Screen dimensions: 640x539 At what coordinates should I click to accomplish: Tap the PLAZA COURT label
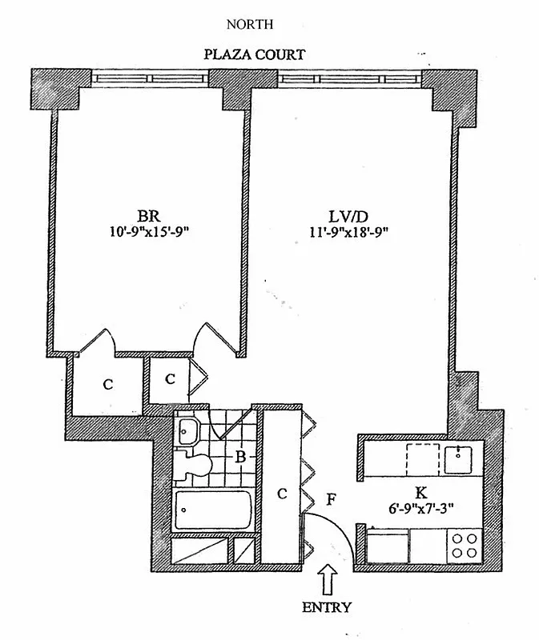click(x=255, y=55)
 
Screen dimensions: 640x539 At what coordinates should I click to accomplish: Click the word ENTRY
click(x=326, y=607)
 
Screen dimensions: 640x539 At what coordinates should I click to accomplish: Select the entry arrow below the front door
click(x=327, y=578)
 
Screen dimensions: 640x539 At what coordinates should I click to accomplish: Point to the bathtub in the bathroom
click(x=213, y=509)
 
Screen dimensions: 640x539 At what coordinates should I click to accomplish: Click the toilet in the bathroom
click(x=195, y=462)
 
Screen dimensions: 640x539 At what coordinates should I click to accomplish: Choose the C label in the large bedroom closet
click(x=107, y=384)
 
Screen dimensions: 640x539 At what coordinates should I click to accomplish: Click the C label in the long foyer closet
click(x=281, y=494)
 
